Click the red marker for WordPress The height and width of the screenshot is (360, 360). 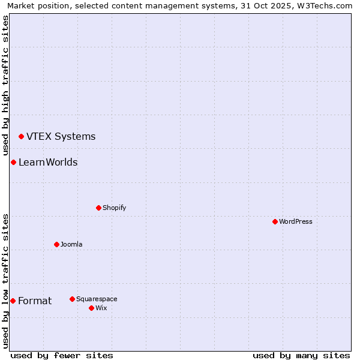tap(275, 221)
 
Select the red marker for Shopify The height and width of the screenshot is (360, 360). tap(98, 208)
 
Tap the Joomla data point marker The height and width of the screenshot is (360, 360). tap(56, 244)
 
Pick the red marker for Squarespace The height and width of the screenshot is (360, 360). tap(72, 299)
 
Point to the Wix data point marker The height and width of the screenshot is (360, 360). tap(91, 308)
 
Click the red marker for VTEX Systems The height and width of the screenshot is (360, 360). tap(21, 137)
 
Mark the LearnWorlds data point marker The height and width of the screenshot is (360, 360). tap(13, 163)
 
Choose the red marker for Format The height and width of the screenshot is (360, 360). tap(13, 301)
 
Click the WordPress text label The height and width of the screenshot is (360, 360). tap(296, 221)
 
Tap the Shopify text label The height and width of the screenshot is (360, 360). tap(114, 208)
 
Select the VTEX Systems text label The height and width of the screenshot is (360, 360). tap(61, 137)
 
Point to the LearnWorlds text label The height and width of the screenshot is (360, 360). tap(48, 163)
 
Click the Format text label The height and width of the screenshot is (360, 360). tap(35, 301)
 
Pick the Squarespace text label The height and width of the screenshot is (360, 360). tap(97, 299)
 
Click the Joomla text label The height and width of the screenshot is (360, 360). tap(71, 244)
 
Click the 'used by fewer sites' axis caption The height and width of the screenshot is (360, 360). tap(62, 355)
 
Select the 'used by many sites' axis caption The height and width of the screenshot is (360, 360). tap(301, 355)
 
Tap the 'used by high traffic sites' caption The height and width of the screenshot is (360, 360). tap(5, 85)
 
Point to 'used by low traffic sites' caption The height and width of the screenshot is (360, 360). tap(5, 280)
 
